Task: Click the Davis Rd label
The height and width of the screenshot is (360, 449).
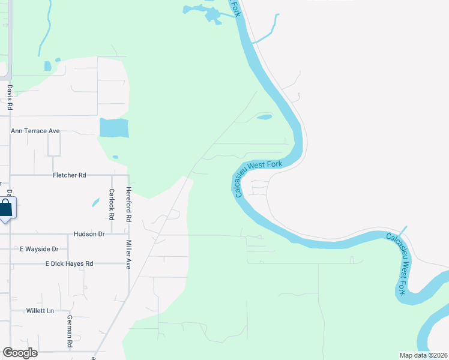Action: pos(10,97)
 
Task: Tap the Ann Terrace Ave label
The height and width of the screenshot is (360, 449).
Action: pos(35,130)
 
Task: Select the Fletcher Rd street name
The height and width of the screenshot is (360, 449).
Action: pos(70,175)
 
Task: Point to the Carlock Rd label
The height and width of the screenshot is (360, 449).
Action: pos(111,203)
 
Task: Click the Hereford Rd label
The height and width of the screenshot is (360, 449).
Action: pos(128,204)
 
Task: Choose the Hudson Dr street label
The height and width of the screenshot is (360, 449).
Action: pos(89,233)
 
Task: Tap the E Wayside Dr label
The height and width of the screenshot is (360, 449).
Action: pos(38,248)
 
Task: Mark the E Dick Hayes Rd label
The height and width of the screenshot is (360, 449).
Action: pos(69,263)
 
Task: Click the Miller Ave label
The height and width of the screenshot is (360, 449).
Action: pos(128,254)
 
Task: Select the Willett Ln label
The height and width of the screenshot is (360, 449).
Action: pos(40,311)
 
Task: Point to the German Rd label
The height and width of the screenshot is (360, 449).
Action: pos(70,331)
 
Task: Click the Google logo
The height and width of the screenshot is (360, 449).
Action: pos(20,353)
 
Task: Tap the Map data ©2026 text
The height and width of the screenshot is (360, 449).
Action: pos(423,355)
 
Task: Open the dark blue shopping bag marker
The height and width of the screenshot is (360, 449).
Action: pos(6,209)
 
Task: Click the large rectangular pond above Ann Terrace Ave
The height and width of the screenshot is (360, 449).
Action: pos(113,127)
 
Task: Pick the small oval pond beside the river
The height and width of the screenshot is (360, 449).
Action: pos(265,117)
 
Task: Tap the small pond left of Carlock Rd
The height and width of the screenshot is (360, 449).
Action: pos(95,202)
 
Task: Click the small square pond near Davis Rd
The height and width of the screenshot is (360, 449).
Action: pos(47,66)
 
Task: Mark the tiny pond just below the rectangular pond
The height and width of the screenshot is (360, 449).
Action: pos(115,157)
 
